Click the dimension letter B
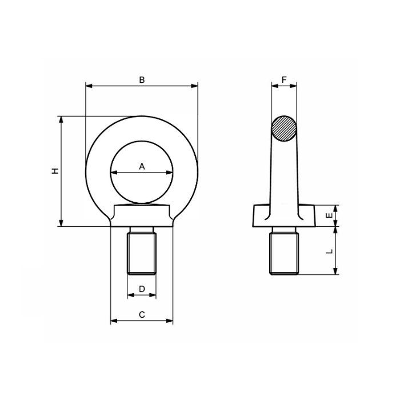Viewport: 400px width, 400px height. [142, 81]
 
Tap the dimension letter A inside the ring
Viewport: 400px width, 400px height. [142, 166]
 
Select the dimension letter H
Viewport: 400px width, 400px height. [55, 171]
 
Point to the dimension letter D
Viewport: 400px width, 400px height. [142, 290]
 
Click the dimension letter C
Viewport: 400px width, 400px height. [142, 315]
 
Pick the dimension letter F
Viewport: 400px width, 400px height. [284, 81]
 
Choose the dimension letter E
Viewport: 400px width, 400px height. [328, 215]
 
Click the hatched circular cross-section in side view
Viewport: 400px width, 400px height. [284, 129]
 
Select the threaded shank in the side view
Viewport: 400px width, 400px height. [284, 251]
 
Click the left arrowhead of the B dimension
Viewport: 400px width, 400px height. [87, 86]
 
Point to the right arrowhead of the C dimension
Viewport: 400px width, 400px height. [170, 321]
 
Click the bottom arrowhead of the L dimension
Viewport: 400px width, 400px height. [337, 272]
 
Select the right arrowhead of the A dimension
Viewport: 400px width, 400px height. [171, 172]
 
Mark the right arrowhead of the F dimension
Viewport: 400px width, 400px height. [294, 86]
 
